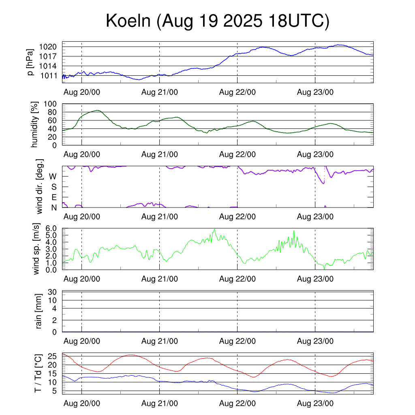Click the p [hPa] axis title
click(x=30, y=62)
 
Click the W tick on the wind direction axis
click(x=53, y=176)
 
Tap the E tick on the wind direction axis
click(x=54, y=197)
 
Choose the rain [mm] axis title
click(x=39, y=311)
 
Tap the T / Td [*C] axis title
click(x=38, y=373)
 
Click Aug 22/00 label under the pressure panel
click(x=237, y=92)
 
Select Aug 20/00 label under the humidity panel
click(x=82, y=154)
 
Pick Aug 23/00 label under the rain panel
click(x=315, y=341)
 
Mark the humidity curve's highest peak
click(x=97, y=110)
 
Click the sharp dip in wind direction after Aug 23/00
click(x=323, y=183)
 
